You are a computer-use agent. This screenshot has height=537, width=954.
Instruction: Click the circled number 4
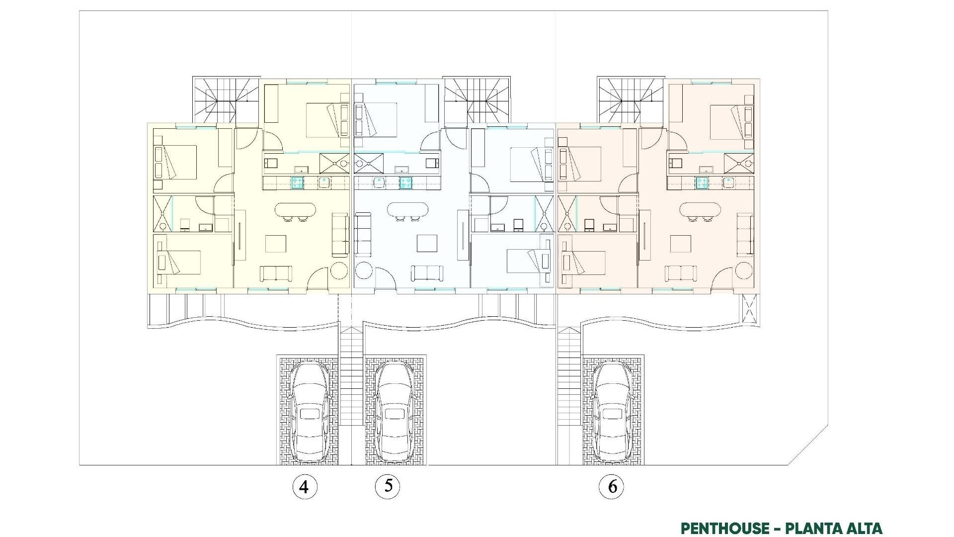(x=304, y=487)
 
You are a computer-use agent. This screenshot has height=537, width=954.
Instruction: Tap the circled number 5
(x=388, y=486)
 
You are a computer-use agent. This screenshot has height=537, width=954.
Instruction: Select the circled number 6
(x=612, y=486)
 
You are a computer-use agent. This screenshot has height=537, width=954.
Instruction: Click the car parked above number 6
(x=613, y=410)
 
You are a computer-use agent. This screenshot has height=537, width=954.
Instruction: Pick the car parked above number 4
(x=309, y=410)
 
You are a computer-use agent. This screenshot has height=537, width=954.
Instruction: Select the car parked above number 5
(x=394, y=410)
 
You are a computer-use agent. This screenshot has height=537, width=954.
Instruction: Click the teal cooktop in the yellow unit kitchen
(x=297, y=183)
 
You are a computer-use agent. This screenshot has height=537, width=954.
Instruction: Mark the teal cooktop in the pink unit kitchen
(x=702, y=183)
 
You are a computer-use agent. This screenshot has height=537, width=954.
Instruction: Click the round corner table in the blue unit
(x=363, y=271)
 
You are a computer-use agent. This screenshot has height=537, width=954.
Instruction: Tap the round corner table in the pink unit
(x=744, y=271)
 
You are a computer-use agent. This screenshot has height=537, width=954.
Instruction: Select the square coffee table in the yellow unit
(x=276, y=244)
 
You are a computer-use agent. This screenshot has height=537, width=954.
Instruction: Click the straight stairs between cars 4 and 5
(x=352, y=378)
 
